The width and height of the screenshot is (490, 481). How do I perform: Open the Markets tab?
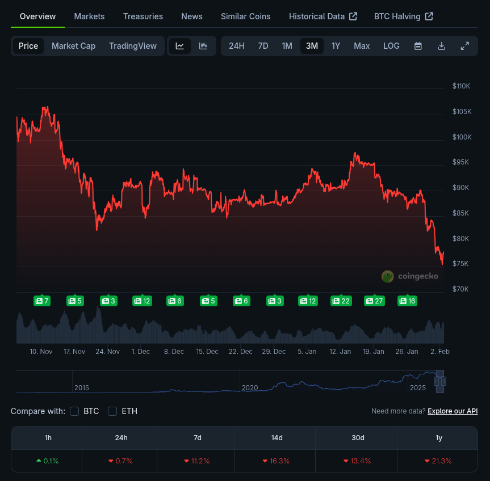pos(89,16)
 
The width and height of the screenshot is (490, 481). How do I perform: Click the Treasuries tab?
pos(143,16)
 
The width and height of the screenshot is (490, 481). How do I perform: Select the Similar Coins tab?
pos(246,16)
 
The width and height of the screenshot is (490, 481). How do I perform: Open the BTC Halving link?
pos(404,16)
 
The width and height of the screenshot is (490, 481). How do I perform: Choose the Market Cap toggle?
pos(73,46)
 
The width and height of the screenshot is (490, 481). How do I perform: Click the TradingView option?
pos(133,46)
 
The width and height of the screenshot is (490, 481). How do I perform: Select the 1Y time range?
pos(336,46)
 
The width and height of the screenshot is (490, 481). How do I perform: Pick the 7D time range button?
pos(263,46)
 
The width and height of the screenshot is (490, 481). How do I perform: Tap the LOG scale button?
pos(391,46)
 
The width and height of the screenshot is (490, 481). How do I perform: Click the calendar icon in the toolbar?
pos(418,46)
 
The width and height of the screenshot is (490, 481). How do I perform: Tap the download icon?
pos(441,46)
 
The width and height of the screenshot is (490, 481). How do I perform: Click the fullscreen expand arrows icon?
pos(465,46)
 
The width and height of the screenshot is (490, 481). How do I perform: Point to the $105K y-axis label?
pos(462,111)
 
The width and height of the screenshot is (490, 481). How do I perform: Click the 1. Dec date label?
pos(141,352)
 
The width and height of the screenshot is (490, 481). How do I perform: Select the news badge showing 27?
pos(374,301)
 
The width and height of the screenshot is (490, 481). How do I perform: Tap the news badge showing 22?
pos(341,301)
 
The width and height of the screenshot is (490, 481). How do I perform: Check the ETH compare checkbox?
pos(112,411)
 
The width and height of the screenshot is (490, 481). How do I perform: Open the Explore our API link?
pos(453,411)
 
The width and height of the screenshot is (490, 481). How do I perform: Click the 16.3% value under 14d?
pos(277,461)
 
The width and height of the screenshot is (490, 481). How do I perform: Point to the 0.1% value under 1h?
pos(48,461)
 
